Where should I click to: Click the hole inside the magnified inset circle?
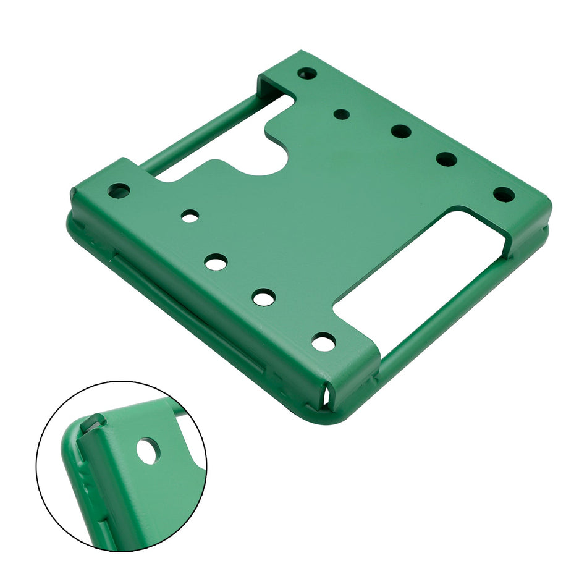pos(147,450)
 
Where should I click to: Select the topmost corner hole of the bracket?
pos(307,74)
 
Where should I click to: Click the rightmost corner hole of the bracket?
pos(504,195)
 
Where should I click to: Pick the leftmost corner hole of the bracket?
pos(119,190)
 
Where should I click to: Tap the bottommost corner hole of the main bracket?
pos(323,341)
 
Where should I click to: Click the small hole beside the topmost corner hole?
pos(341,114)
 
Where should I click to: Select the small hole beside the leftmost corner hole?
pos(190,216)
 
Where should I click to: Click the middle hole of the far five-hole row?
pos(400,131)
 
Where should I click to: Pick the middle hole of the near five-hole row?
pos(216,261)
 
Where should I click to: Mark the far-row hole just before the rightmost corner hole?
pos(446,159)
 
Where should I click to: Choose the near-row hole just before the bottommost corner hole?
pos(264,298)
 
